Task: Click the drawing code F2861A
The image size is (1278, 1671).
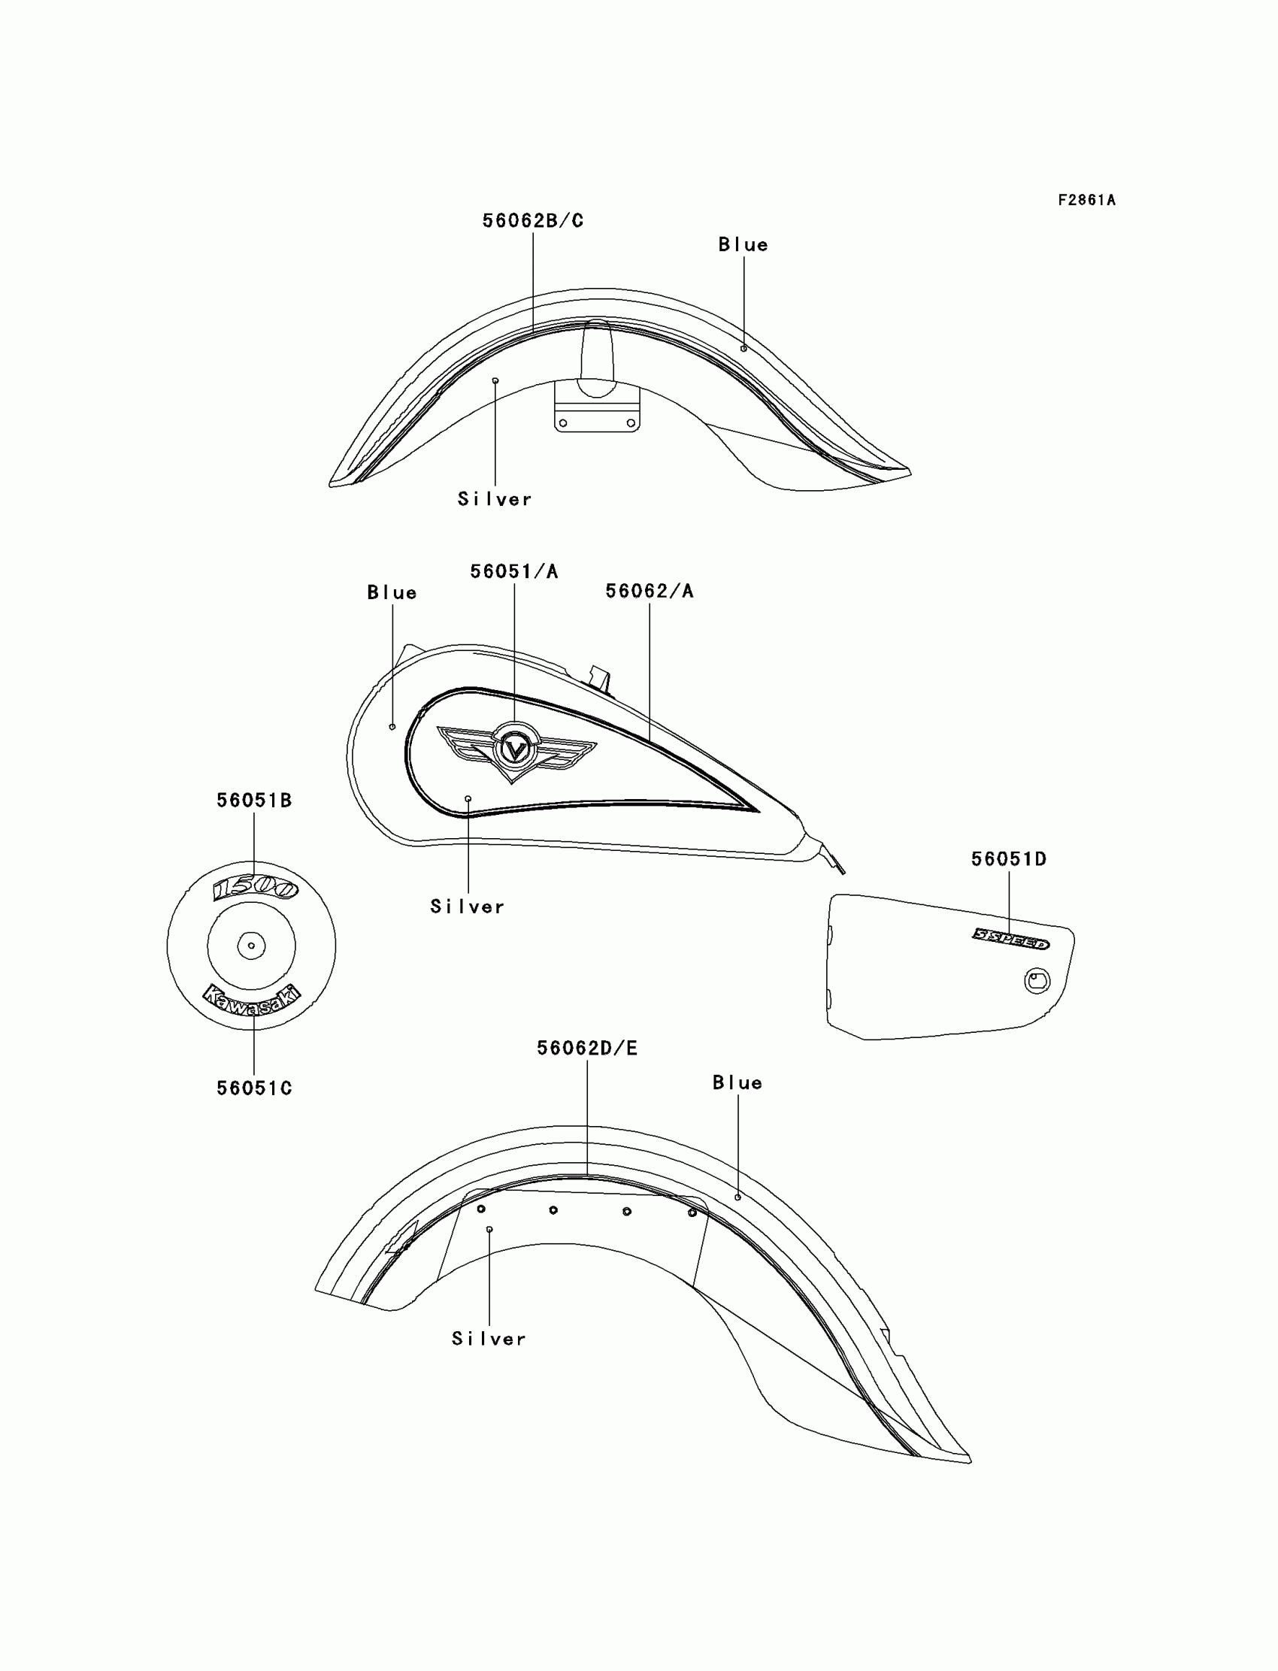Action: (x=1086, y=200)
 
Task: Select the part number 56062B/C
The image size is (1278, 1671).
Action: (x=532, y=220)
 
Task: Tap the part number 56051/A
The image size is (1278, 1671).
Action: (x=514, y=571)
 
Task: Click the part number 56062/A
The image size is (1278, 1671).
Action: (x=650, y=591)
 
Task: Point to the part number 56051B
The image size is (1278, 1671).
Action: (x=254, y=800)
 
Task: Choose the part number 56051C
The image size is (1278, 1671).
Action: (x=254, y=1088)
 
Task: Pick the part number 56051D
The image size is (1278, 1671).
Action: (x=1009, y=858)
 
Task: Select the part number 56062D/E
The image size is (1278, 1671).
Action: (x=587, y=1048)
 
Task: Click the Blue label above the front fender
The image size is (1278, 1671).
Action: (x=743, y=245)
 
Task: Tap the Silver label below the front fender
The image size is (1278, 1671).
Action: (x=495, y=499)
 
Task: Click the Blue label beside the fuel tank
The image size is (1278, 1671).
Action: (x=392, y=592)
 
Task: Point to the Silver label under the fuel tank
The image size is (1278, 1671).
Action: (x=467, y=907)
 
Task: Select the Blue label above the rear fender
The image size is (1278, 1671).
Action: (x=737, y=1083)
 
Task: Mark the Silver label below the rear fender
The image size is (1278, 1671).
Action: (x=489, y=1339)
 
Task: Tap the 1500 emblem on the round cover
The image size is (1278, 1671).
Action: (x=255, y=888)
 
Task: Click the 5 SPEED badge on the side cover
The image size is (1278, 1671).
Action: (x=1011, y=939)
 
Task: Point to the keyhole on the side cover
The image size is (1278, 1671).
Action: (x=1036, y=980)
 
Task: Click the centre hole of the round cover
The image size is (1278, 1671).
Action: (x=251, y=946)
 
